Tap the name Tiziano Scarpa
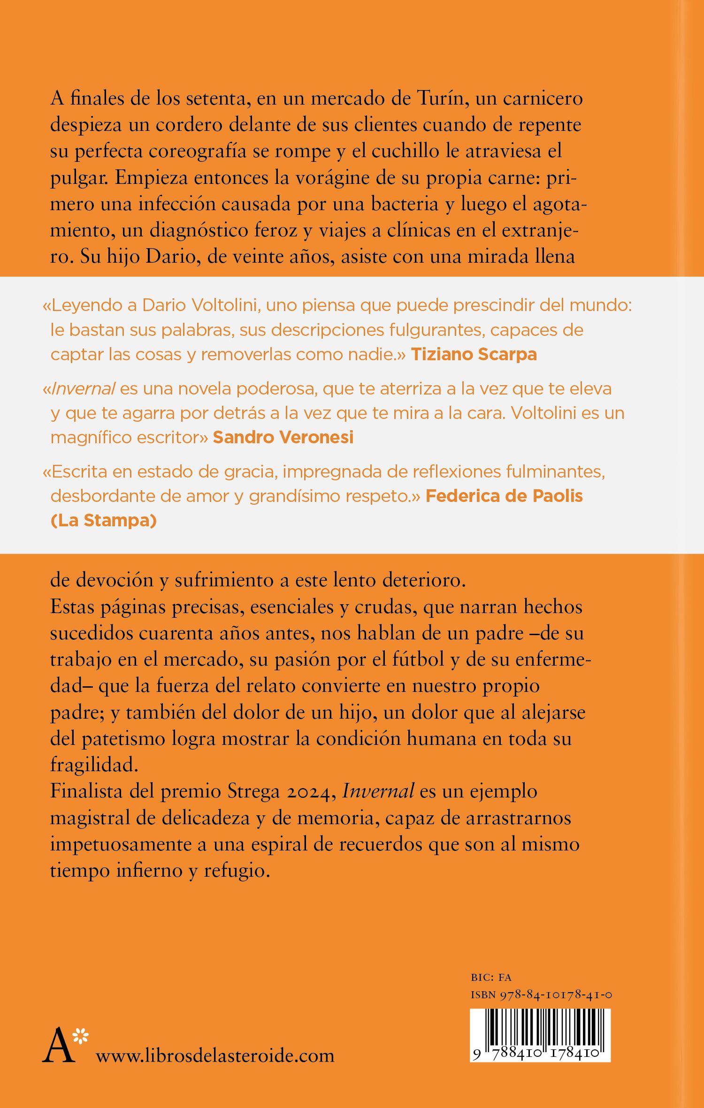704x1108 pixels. pyautogui.click(x=474, y=355)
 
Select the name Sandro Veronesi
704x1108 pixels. pyautogui.click(x=283, y=437)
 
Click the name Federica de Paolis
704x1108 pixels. pyautogui.click(x=504, y=496)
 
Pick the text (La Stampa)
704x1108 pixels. pyautogui.click(x=103, y=521)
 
